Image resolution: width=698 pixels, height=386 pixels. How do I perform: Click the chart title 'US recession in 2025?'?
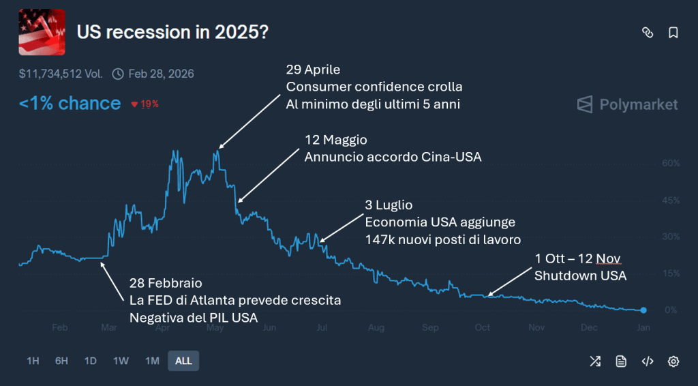pyautogui.click(x=172, y=32)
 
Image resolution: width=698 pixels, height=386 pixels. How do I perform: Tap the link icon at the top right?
pyautogui.click(x=648, y=33)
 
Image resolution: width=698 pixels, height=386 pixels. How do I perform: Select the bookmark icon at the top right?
pyautogui.click(x=673, y=33)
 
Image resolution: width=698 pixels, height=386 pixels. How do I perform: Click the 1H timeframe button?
pyautogui.click(x=33, y=361)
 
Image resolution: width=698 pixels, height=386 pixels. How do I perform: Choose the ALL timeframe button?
pyautogui.click(x=183, y=361)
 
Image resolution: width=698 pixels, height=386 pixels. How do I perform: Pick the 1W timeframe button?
pyautogui.click(x=120, y=361)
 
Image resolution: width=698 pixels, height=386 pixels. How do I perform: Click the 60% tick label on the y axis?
pyautogui.click(x=671, y=164)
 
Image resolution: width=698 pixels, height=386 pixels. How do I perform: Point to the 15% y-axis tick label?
pyautogui.click(x=671, y=273)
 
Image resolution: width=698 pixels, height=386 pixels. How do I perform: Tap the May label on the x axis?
pyautogui.click(x=215, y=327)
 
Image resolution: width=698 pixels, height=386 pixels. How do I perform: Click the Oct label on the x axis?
pyautogui.click(x=482, y=327)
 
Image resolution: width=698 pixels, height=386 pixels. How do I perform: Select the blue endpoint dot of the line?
pyautogui.click(x=643, y=310)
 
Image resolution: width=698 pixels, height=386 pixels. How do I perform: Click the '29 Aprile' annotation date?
pyautogui.click(x=313, y=70)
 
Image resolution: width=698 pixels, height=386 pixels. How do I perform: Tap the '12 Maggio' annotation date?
pyautogui.click(x=335, y=140)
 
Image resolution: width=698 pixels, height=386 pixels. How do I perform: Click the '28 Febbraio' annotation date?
pyautogui.click(x=166, y=282)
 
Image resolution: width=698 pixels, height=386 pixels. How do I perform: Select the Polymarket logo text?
pyautogui.click(x=639, y=104)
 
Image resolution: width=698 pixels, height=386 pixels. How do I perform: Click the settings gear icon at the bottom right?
pyautogui.click(x=673, y=361)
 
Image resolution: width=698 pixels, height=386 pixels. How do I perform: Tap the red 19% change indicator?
pyautogui.click(x=145, y=104)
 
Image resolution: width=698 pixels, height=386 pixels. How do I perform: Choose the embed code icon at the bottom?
pyautogui.click(x=648, y=361)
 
